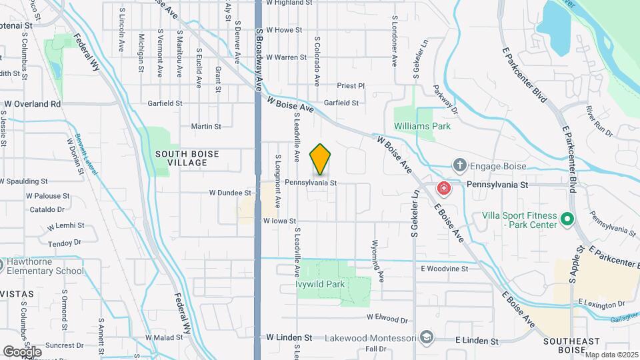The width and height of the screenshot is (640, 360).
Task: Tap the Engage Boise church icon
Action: tap(459, 165)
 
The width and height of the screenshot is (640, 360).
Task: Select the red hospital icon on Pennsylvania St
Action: tap(443, 189)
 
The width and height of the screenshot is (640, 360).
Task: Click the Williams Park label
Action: tap(422, 126)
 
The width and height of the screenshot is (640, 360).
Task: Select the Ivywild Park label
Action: tap(320, 285)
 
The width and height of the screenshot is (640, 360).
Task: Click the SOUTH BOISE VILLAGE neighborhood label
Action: tap(187, 158)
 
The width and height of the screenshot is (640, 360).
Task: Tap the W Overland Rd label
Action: tap(32, 104)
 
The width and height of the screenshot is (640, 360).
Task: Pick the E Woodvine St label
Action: tap(445, 269)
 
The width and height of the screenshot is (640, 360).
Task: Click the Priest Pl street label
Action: tap(351, 86)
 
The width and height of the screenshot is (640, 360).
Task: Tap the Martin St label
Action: tap(205, 126)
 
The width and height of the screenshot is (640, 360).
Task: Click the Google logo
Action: tap(22, 351)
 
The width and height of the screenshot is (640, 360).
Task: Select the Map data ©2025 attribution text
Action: tap(611, 355)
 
